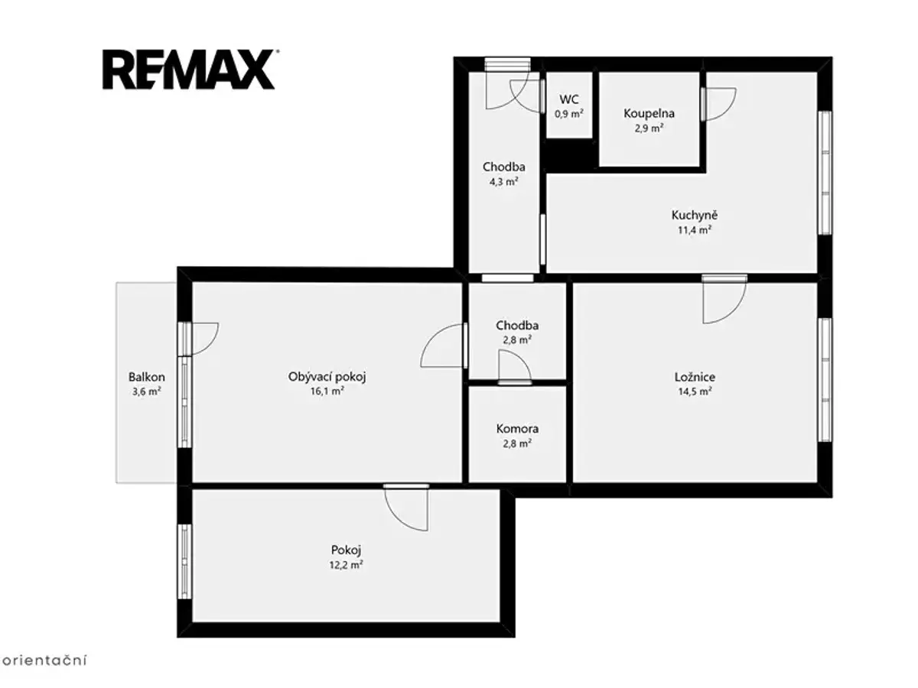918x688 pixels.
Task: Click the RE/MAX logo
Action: pyautogui.click(x=189, y=70)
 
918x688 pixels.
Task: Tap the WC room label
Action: pyautogui.click(x=569, y=99)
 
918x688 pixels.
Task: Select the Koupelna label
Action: pyautogui.click(x=649, y=114)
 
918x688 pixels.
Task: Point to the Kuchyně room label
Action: pyautogui.click(x=695, y=215)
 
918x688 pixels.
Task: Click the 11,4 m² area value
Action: pyautogui.click(x=695, y=230)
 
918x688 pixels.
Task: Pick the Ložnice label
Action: pyautogui.click(x=695, y=377)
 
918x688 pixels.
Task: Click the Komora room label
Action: pyautogui.click(x=517, y=429)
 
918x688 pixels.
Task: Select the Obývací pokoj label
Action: pyautogui.click(x=327, y=377)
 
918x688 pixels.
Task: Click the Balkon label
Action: pyautogui.click(x=146, y=377)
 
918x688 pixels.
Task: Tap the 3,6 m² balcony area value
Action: pyautogui.click(x=146, y=392)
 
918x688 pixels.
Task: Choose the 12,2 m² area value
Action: pyautogui.click(x=346, y=565)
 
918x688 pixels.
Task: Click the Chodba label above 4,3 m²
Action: pyautogui.click(x=504, y=167)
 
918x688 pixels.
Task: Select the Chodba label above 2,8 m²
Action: pyautogui.click(x=517, y=326)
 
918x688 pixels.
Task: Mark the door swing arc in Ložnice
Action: pyautogui.click(x=736, y=311)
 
